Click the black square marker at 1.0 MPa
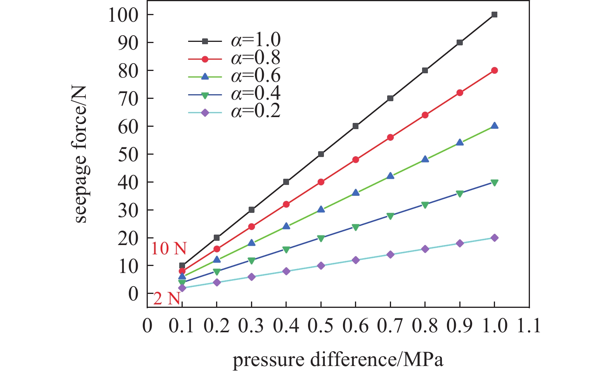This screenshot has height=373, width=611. pos(494,15)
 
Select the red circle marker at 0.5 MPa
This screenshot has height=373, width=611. pos(321,182)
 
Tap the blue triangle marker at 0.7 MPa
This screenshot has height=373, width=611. pos(390,176)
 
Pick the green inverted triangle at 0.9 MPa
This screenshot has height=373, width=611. pos(460,193)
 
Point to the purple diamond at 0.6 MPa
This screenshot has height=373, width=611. pos(355,260)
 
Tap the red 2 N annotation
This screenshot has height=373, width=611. pos(167,299)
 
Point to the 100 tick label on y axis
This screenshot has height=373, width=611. pos(123,16)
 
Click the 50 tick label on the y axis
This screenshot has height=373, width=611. pos(128,155)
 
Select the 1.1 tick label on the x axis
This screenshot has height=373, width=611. pos(529,326)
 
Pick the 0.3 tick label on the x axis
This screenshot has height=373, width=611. pos(251,326)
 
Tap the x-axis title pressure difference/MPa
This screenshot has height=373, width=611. pos(338,359)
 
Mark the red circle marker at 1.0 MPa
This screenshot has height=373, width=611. pos(494,71)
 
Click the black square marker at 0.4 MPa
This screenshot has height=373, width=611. pos(286,182)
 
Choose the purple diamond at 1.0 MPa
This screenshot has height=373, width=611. pos(494,238)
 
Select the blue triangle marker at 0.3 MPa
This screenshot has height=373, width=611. pos(251,243)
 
